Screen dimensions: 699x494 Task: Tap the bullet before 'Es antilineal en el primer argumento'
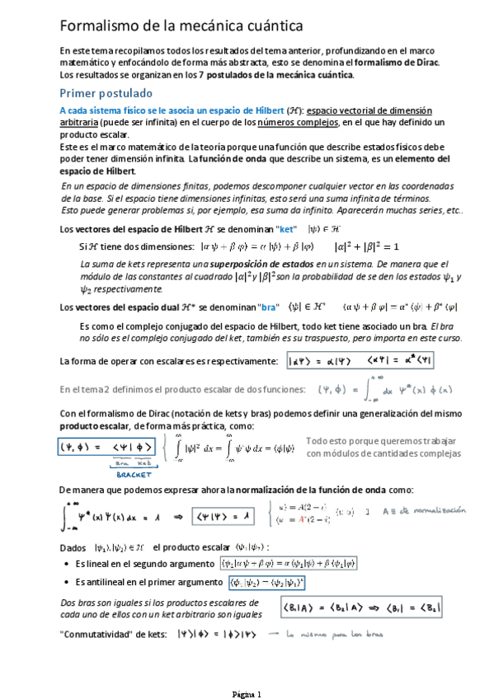(67, 583)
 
